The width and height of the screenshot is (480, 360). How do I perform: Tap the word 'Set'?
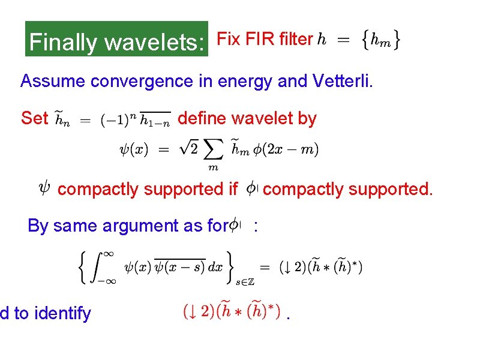click(x=34, y=119)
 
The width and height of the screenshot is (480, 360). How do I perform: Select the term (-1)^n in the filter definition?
click(x=118, y=119)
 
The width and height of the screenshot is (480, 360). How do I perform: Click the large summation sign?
click(x=214, y=150)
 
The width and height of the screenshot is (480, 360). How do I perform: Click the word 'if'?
click(x=233, y=190)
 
